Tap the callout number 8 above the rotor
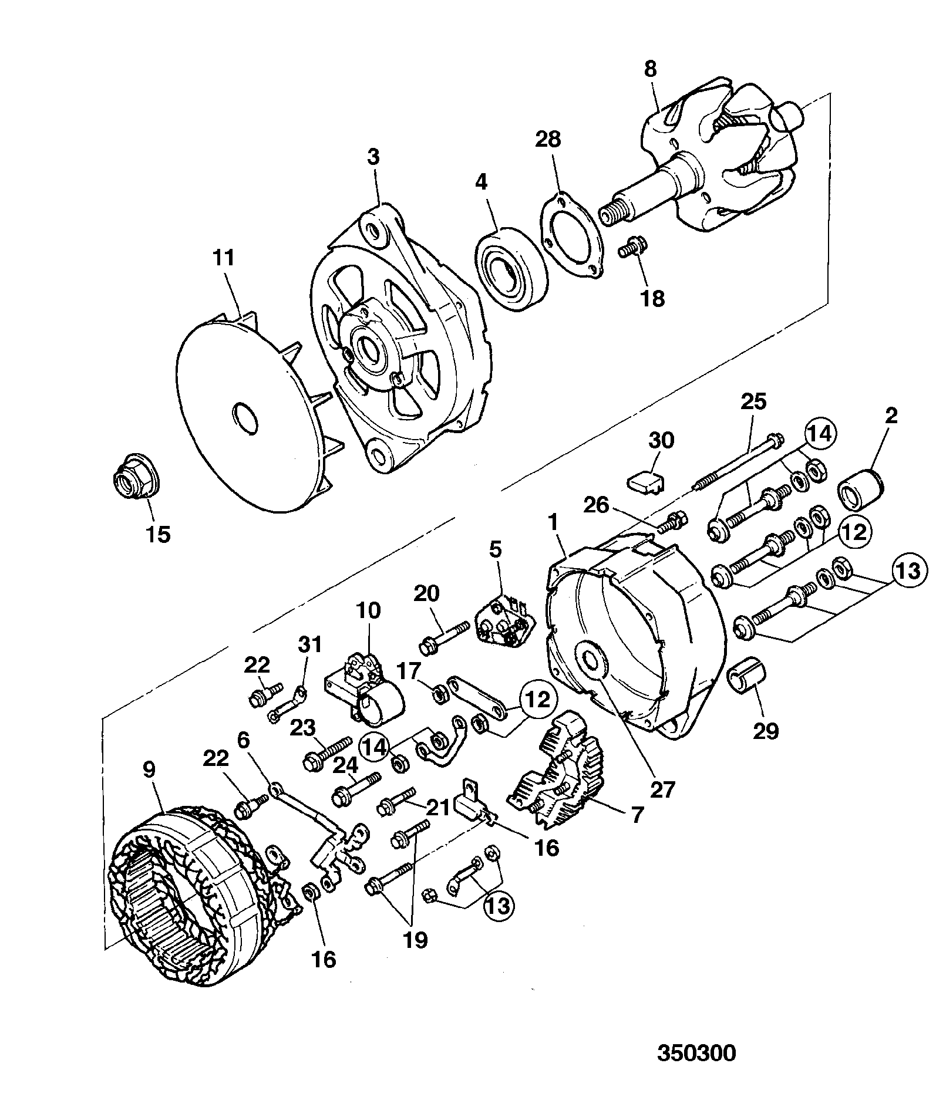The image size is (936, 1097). [650, 69]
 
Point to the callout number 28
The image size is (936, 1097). [548, 139]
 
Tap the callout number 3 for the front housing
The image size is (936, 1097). [373, 157]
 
